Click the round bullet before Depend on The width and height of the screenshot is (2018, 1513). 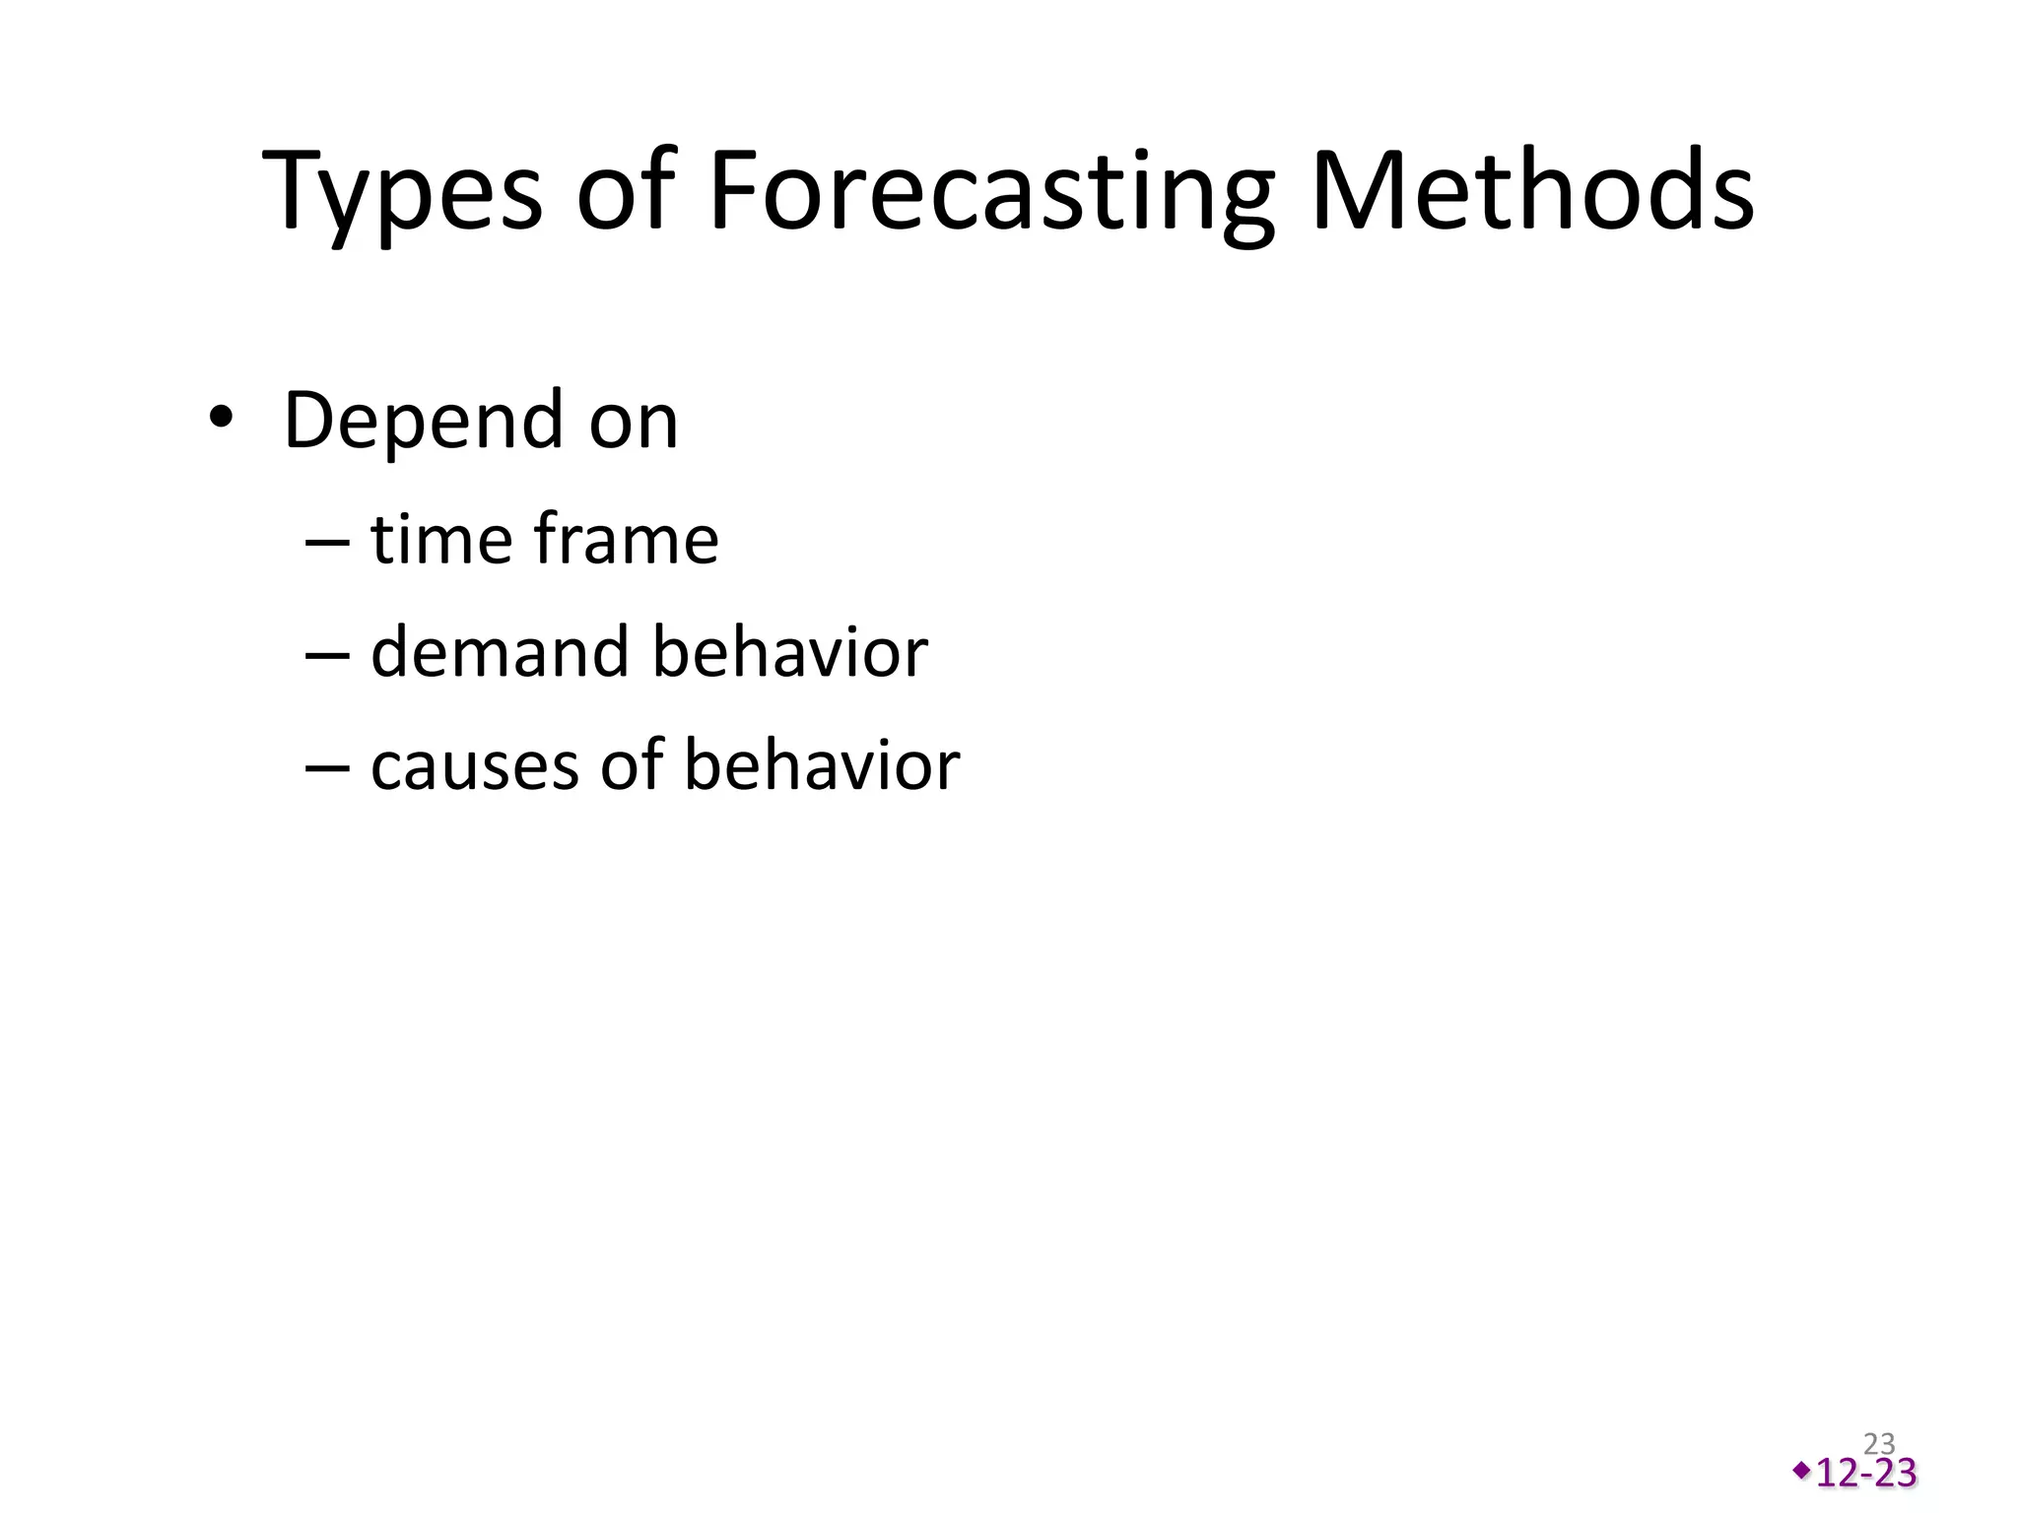pos(221,419)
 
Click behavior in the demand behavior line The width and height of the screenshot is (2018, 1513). pos(790,652)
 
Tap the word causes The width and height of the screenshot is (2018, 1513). pos(474,766)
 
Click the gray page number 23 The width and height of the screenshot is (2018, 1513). pos(1879,1444)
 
